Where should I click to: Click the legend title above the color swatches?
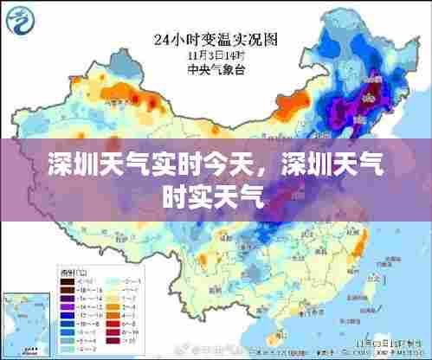[68, 272]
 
